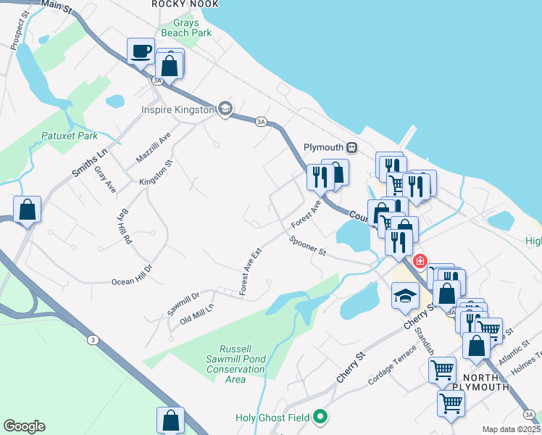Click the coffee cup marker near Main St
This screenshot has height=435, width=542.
point(141,51)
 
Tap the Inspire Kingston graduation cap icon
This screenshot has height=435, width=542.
point(225,109)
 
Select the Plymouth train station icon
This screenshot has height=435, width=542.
point(352,146)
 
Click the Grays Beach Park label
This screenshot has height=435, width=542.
point(191,28)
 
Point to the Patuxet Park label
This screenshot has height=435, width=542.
point(70,136)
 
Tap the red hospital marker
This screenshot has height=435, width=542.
point(419,261)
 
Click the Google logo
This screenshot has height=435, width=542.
point(24,426)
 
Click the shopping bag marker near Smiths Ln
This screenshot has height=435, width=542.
point(27,210)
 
